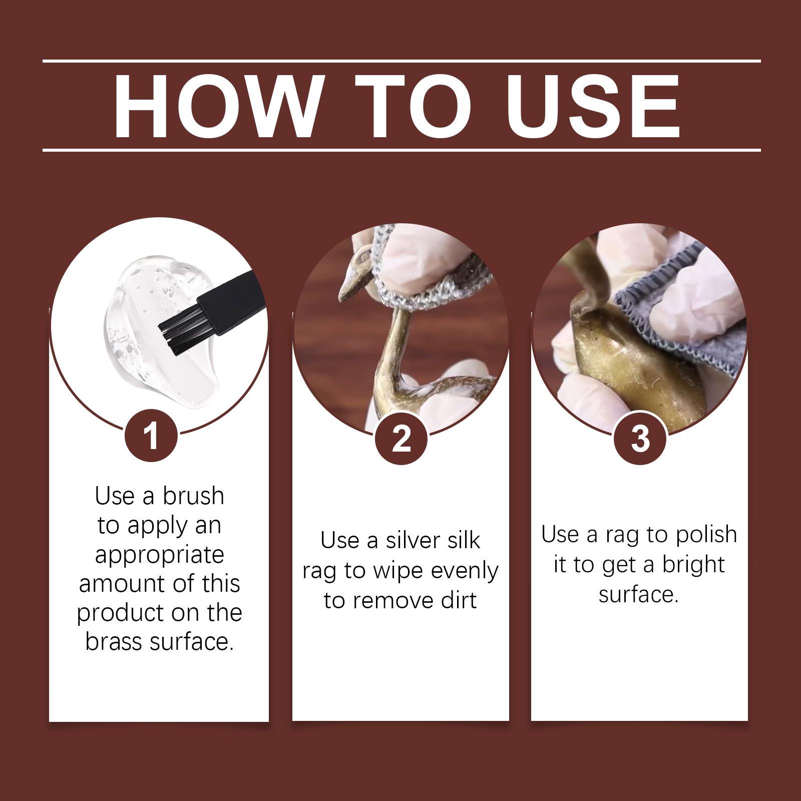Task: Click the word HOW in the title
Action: click(216, 106)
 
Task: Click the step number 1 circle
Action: click(151, 437)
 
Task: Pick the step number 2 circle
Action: click(401, 439)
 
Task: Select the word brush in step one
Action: click(193, 496)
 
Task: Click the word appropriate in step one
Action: click(160, 555)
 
